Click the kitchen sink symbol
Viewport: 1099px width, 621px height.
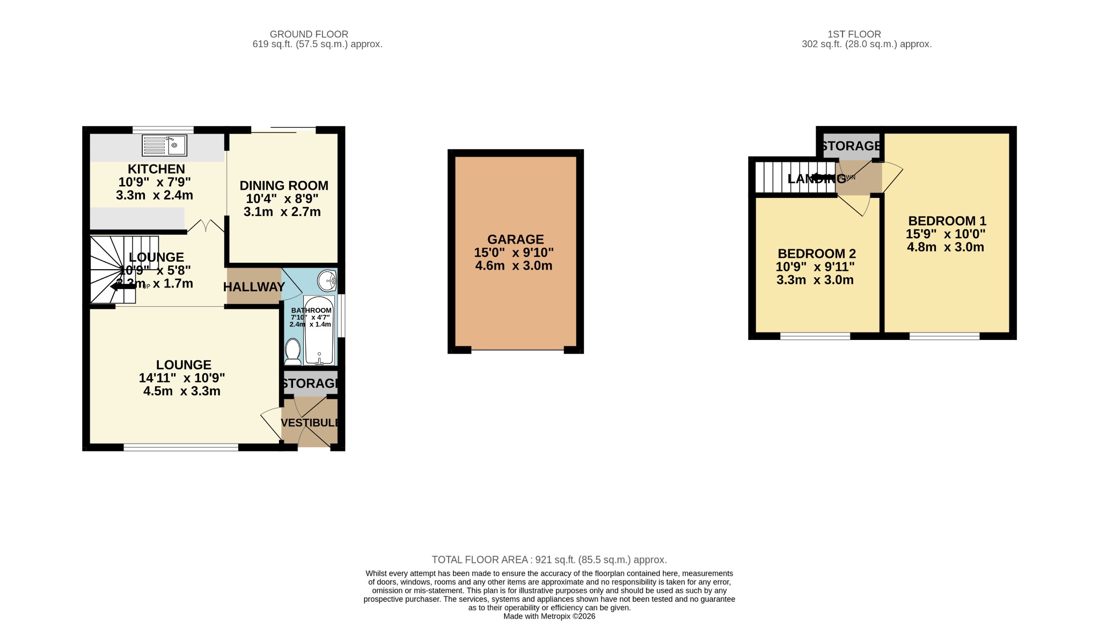coord(164,145)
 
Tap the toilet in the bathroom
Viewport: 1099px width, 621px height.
coord(292,351)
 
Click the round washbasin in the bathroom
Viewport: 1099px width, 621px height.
coord(327,279)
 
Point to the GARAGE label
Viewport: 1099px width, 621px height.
coord(515,239)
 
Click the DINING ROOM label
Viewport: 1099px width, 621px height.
coord(284,186)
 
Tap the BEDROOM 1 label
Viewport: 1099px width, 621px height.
coord(947,221)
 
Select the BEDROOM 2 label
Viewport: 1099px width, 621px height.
coord(816,254)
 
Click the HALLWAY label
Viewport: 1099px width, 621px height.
coord(254,287)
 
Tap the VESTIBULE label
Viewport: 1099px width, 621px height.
coord(310,423)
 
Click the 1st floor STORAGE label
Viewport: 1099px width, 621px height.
coord(851,146)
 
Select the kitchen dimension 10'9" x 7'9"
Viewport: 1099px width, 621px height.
coord(155,182)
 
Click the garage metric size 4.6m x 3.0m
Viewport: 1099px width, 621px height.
coord(514,266)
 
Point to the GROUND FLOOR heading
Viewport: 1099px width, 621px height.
coord(309,34)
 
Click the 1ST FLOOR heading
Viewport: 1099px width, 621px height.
coord(854,34)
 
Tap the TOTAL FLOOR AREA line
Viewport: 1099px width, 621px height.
coord(549,560)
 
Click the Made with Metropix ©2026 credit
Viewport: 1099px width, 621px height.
coord(549,617)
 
